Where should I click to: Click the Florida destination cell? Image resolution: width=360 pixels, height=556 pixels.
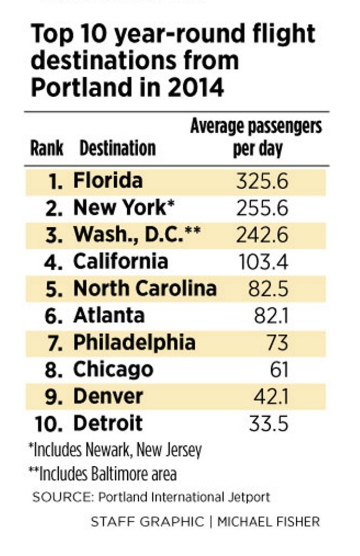coord(108,180)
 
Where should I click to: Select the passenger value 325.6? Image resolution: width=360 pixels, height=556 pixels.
coord(262,181)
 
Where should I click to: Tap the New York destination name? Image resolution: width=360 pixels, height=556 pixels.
coord(119,208)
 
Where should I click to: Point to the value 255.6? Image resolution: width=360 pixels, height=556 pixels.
coord(262,208)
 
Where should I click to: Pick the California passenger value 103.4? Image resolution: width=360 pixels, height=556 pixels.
coord(263,262)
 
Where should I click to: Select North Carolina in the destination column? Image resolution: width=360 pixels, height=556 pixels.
coord(145,288)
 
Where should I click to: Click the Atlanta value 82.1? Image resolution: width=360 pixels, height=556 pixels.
coord(271,316)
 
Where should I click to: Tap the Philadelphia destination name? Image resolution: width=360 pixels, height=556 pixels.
coord(134,342)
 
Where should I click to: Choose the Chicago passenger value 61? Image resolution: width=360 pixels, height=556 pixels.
coord(279,370)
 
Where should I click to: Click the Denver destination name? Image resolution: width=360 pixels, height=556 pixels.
coord(108,396)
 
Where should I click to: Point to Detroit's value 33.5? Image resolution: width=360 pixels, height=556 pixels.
coord(268,423)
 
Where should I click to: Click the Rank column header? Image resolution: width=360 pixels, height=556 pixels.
coord(47,148)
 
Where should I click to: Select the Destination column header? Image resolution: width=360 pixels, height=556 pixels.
coord(117,148)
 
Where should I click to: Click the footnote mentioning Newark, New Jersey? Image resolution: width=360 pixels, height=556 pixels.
coord(115,450)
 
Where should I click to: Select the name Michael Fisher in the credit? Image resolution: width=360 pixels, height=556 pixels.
coord(269,522)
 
